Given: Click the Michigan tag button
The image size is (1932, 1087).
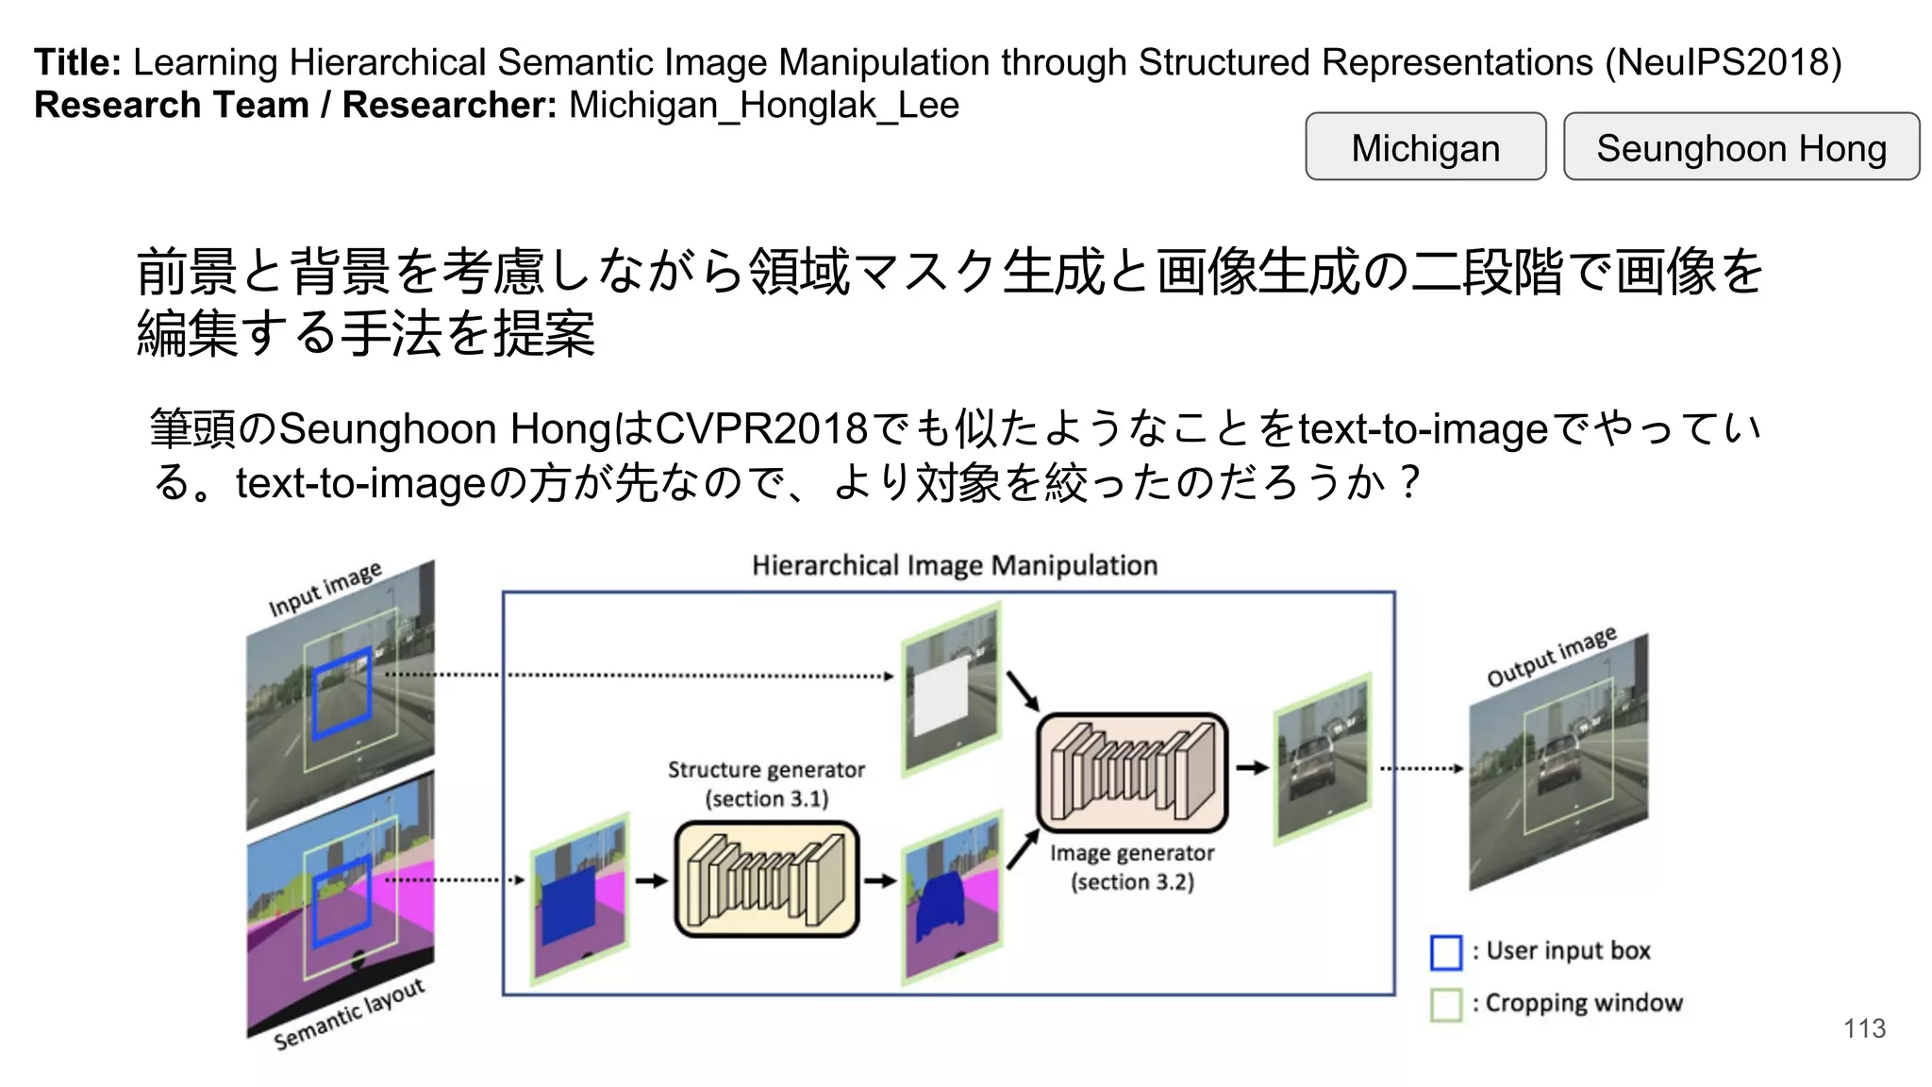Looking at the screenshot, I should coord(1424,147).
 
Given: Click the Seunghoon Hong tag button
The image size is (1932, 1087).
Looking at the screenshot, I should coord(1740,147).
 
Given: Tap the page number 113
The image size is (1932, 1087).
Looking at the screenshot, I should coord(1864,1028).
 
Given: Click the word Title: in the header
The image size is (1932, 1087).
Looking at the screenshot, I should coord(77,62).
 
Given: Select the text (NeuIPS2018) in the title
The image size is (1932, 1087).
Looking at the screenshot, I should coord(1723,62).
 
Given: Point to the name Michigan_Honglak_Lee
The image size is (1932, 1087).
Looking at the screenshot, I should coord(764,105).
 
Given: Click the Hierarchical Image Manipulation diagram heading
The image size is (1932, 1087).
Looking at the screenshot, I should coord(954,565).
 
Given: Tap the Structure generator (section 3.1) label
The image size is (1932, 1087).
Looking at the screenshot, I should coord(766,783).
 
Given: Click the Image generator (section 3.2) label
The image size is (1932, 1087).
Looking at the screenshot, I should coord(1132,866).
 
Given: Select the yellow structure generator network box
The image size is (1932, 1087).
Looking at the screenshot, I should coord(766,879).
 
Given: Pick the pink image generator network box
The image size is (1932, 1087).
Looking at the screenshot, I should coord(1132,772).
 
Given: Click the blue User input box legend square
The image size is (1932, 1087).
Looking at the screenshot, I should coord(1445,952).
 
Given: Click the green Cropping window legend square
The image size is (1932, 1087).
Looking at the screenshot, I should coord(1445,1004).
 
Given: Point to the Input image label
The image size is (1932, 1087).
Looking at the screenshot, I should coord(325,590).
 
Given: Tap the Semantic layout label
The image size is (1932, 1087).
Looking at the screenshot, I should coord(349,1015).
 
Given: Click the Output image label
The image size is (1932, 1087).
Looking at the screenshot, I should coord(1551,657).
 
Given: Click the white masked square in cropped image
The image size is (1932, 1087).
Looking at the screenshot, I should coord(941,696).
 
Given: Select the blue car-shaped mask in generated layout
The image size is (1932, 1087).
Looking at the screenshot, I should coord(940,904).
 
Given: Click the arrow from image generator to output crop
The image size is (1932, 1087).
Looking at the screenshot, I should coord(1252,767).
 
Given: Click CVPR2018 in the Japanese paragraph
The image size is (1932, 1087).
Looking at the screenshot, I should coord(760,429).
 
